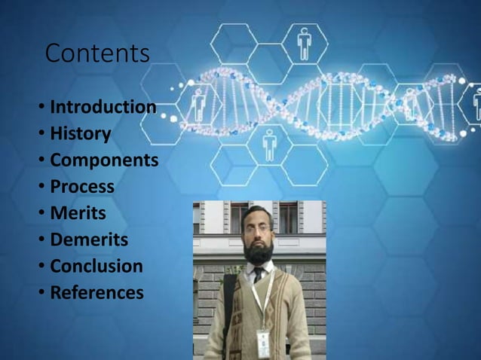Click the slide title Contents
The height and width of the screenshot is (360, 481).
(97, 54)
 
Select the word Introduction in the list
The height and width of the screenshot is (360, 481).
(103, 107)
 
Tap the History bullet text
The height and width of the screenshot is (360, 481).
(80, 134)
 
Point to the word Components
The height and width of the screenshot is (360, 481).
(103, 160)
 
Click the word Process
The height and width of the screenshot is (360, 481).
(81, 187)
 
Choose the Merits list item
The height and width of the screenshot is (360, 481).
(77, 213)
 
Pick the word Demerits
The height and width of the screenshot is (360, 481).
(88, 240)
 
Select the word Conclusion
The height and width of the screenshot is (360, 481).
(96, 267)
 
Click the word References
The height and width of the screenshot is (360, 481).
(96, 293)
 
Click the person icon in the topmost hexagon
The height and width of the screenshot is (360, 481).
(304, 43)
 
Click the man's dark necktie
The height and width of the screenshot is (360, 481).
(258, 275)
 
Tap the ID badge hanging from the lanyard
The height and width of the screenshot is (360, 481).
(263, 343)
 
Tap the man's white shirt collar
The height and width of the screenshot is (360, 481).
(249, 271)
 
